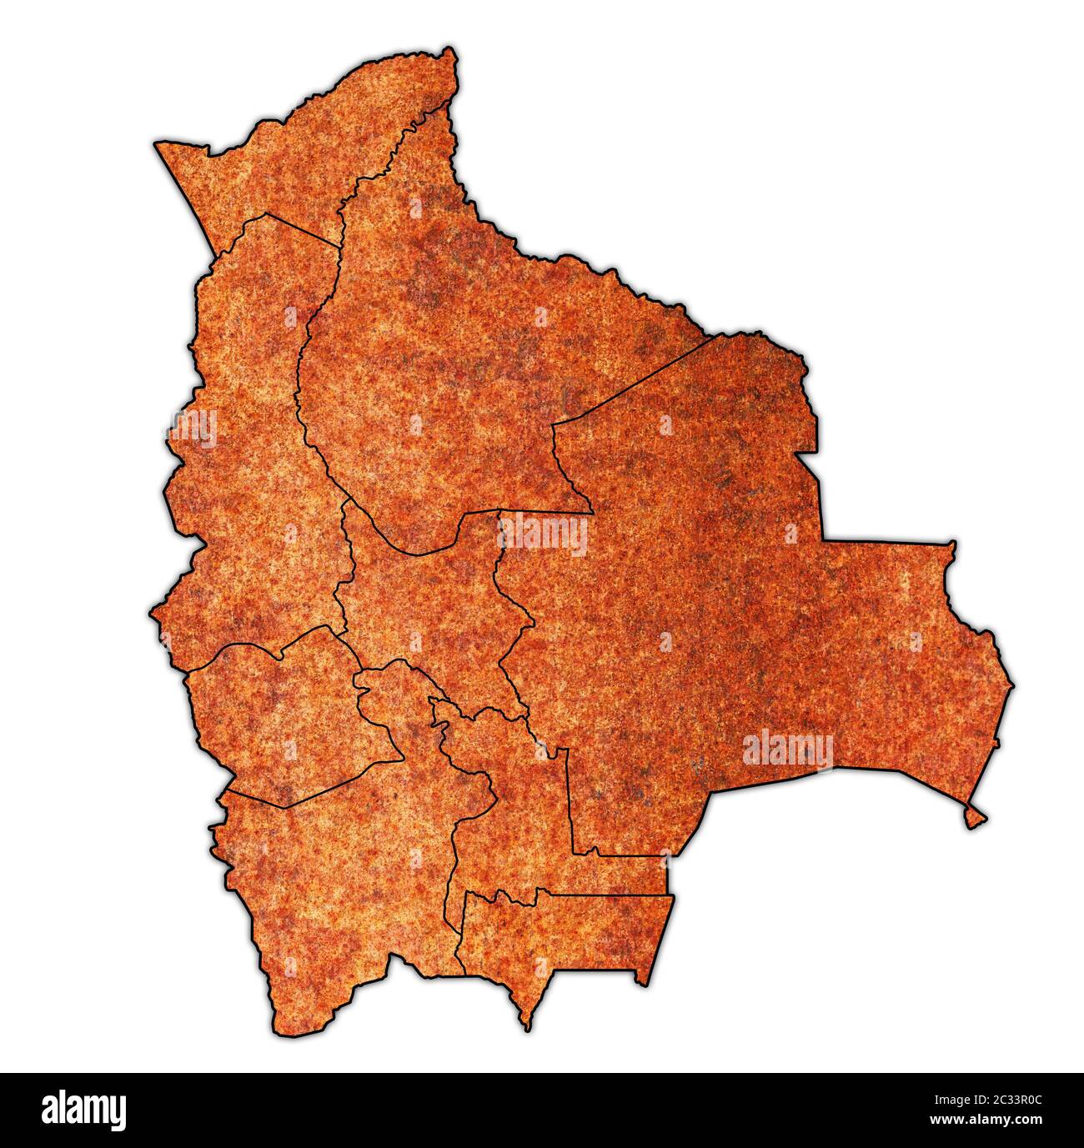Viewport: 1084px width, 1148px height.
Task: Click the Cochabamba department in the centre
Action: pyautogui.click(x=425, y=600)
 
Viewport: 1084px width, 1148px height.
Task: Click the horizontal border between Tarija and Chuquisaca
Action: pyautogui.click(x=609, y=896)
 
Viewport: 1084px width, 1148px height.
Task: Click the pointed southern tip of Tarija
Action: pyautogui.click(x=526, y=1026)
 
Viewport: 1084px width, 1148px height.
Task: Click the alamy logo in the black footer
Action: pyautogui.click(x=83, y=1110)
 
